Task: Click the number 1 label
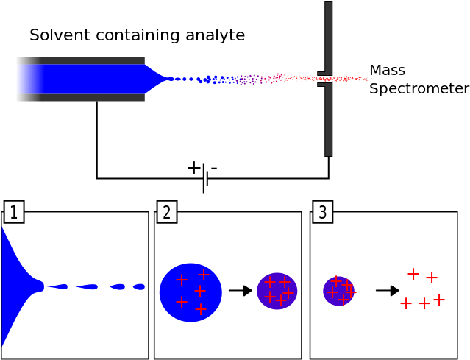(13, 212)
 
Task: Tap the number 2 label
(167, 212)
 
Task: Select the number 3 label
(322, 212)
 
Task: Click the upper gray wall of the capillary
(80, 60)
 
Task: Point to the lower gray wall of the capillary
(80, 97)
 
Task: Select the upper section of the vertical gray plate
(328, 37)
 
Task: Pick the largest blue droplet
(191, 292)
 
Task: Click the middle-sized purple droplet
(277, 291)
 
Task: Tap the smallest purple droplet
(338, 291)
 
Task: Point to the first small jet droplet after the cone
(61, 286)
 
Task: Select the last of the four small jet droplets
(138, 286)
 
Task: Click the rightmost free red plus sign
(439, 300)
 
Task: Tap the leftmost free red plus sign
(406, 303)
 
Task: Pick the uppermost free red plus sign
(413, 274)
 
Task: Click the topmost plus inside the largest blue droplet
(204, 275)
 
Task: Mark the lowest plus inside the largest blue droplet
(201, 309)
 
